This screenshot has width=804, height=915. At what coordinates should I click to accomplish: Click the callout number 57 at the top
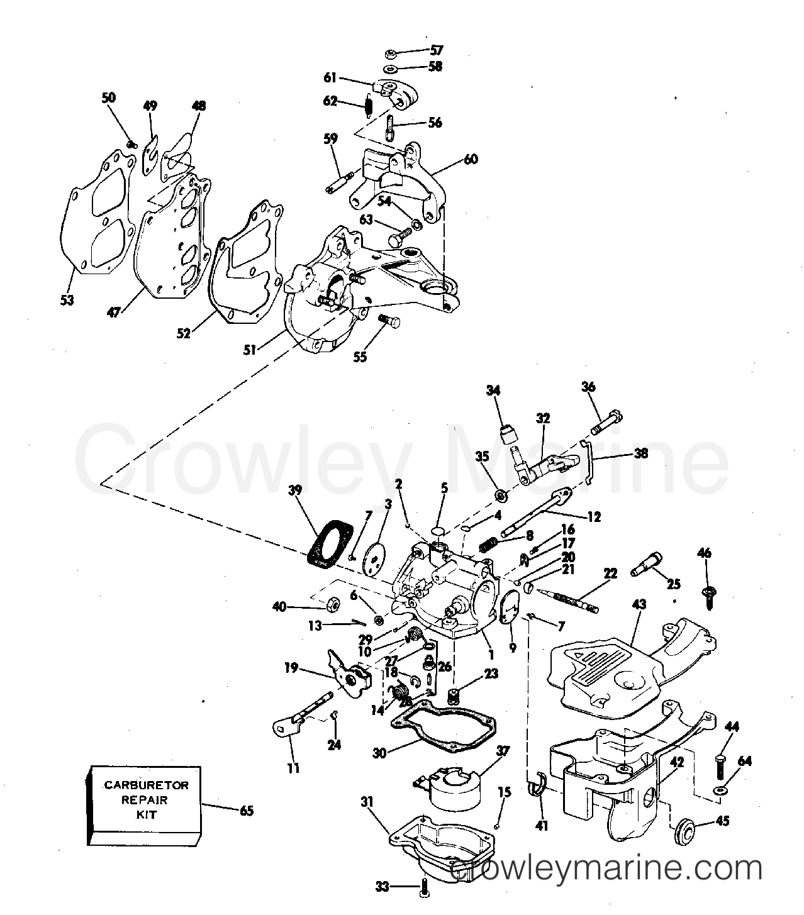coord(436,50)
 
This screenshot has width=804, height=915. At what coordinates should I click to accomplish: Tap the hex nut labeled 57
coord(391,54)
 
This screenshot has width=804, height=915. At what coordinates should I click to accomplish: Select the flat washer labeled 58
coord(391,69)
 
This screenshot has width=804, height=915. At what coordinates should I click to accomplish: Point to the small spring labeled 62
coord(368,106)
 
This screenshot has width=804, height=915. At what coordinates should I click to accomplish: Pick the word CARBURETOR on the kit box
coord(146,785)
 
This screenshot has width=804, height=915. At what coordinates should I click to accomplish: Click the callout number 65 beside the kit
coord(247,811)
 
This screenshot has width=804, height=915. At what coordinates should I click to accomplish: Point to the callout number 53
coord(67,299)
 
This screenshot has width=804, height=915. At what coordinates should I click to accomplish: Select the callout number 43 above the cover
coord(640,604)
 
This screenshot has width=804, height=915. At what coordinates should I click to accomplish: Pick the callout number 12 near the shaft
coord(594,517)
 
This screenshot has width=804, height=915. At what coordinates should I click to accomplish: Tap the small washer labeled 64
coord(719,790)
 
